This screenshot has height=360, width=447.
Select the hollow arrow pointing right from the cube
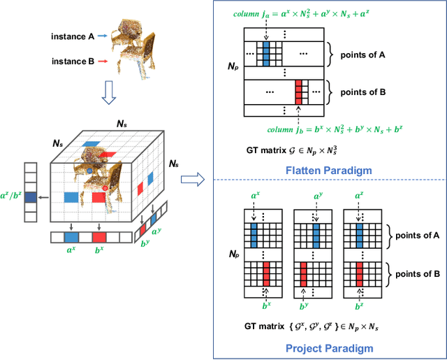tap(189, 180)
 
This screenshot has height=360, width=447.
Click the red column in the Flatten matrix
tap(299, 91)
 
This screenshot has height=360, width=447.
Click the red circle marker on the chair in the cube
tap(105, 188)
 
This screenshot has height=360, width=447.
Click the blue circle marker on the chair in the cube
tap(89, 170)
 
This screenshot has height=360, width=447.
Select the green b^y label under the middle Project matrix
tap(304, 306)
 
